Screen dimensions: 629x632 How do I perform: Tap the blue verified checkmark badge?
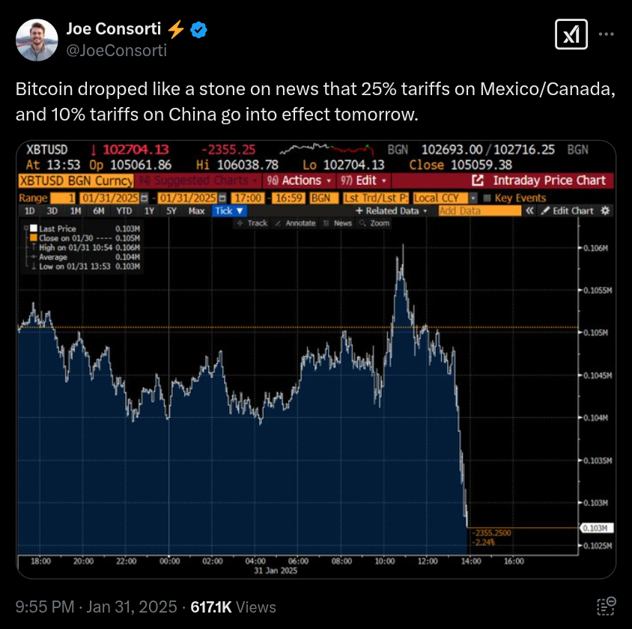[x=198, y=30]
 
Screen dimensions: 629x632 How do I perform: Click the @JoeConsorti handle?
[x=116, y=51]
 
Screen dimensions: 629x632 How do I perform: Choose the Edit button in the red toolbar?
[x=364, y=180]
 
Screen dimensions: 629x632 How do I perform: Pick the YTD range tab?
[x=125, y=211]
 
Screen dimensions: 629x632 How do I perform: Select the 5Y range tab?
[x=171, y=211]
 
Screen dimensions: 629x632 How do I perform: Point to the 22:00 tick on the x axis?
[x=127, y=561]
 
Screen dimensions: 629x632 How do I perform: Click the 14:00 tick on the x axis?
[x=470, y=561]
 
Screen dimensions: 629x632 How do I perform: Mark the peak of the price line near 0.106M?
[x=403, y=245]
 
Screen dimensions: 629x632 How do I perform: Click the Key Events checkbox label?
[x=520, y=198]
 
